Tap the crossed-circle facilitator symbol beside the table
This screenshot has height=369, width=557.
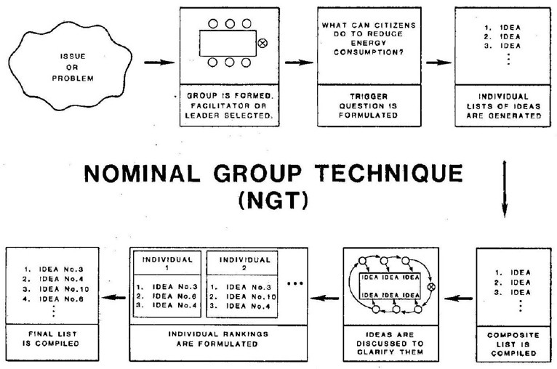click(x=263, y=44)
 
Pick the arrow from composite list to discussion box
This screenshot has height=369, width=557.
click(x=459, y=297)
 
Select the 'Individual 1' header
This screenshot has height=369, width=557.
click(x=167, y=262)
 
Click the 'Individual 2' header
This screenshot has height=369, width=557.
click(x=245, y=262)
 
